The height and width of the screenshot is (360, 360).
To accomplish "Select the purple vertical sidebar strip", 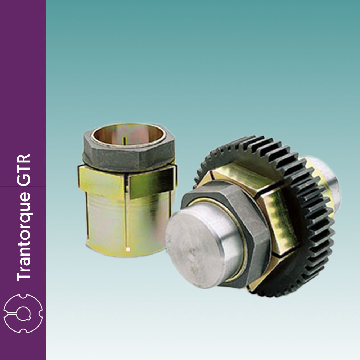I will (23, 90).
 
